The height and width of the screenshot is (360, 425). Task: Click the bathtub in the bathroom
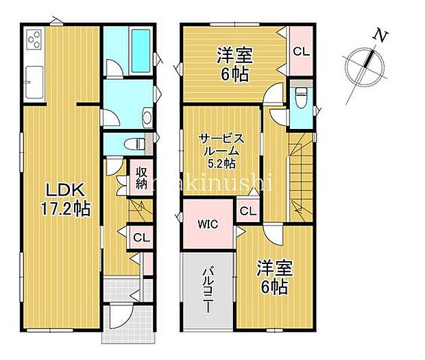point(140,46)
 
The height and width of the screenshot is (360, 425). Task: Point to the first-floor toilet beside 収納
point(136,144)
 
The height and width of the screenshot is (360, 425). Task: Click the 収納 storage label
point(142,178)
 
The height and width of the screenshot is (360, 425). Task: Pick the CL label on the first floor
point(142,237)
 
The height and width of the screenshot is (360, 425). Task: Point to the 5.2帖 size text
point(223,163)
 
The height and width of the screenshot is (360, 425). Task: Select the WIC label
point(208,224)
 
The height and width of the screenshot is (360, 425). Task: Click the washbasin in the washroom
point(147,119)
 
